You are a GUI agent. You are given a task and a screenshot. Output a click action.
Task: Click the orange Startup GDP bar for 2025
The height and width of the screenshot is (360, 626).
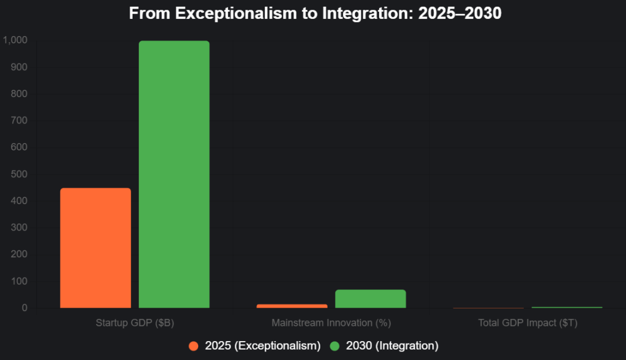(95, 248)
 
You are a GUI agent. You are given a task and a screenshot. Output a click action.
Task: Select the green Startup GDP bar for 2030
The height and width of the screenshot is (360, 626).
(174, 174)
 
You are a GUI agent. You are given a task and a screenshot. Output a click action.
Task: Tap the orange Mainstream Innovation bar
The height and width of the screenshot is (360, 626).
(292, 306)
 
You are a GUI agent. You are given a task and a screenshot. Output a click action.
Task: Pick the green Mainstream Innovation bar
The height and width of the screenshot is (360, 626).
(370, 298)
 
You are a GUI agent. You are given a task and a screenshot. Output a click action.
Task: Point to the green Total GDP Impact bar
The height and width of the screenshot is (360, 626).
(567, 307)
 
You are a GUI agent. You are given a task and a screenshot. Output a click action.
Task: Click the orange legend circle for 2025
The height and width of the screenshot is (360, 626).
(194, 346)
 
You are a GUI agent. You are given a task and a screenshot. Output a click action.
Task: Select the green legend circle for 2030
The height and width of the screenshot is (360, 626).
(334, 346)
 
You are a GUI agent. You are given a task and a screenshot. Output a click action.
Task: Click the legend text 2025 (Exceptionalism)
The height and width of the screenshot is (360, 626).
(263, 346)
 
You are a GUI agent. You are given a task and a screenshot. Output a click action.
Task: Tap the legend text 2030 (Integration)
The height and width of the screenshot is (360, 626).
(392, 346)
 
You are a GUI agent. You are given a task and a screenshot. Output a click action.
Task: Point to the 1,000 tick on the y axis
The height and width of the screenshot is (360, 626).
(16, 40)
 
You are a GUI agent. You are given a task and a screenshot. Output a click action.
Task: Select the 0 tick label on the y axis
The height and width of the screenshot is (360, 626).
(25, 308)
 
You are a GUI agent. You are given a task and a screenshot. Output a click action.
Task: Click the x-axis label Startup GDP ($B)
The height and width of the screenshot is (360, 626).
(134, 322)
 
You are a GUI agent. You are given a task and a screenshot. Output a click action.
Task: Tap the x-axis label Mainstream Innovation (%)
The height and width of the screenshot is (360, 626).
(331, 322)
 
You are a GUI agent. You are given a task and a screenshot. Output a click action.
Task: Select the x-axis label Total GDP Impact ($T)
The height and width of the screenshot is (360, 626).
(528, 322)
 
